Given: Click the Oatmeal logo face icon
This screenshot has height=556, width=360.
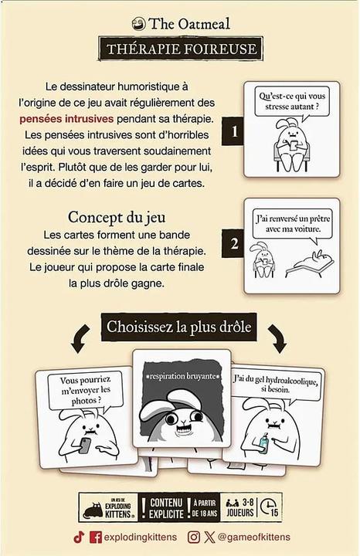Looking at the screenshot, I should (x=139, y=24).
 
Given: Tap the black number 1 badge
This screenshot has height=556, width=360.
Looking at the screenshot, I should (x=233, y=132).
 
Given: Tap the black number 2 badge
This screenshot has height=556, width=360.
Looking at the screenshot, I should (x=233, y=244).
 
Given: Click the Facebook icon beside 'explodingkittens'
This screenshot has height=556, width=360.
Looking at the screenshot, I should (x=96, y=537).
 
